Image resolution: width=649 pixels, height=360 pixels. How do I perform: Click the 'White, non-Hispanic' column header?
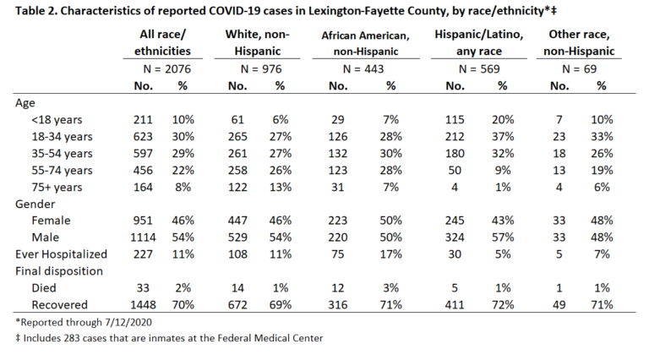coord(257,42)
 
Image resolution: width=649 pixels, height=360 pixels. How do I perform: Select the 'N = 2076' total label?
coord(166,69)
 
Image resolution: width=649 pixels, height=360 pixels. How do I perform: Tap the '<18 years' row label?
coord(57,120)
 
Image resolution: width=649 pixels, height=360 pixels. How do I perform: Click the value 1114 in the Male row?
coord(143,237)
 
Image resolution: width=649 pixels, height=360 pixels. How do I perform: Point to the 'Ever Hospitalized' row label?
coord(61,254)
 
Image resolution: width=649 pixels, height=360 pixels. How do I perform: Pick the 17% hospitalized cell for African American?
coord(390,254)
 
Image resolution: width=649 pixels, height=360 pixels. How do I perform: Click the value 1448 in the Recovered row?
coord(143,305)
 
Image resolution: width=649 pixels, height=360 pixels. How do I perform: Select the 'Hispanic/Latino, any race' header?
coord(479,42)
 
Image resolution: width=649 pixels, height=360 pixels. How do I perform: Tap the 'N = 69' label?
coord(579,69)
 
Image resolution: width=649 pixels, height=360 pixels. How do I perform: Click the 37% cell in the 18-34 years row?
coord(503,137)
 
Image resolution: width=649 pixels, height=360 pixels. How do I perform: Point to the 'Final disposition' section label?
coord(59,271)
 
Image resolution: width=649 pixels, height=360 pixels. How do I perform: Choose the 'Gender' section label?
coord(35,204)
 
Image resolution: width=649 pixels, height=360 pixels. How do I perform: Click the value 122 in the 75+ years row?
coord(237,188)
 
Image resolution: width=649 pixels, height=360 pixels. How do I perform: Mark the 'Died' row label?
coord(43,288)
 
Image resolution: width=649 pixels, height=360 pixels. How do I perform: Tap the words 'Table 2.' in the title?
coord(36,10)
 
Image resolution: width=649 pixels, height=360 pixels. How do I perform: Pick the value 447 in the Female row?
coord(237,221)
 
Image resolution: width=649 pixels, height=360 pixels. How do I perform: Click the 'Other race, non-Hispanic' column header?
coord(579,42)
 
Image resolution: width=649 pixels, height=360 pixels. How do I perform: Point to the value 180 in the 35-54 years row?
coord(455,154)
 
